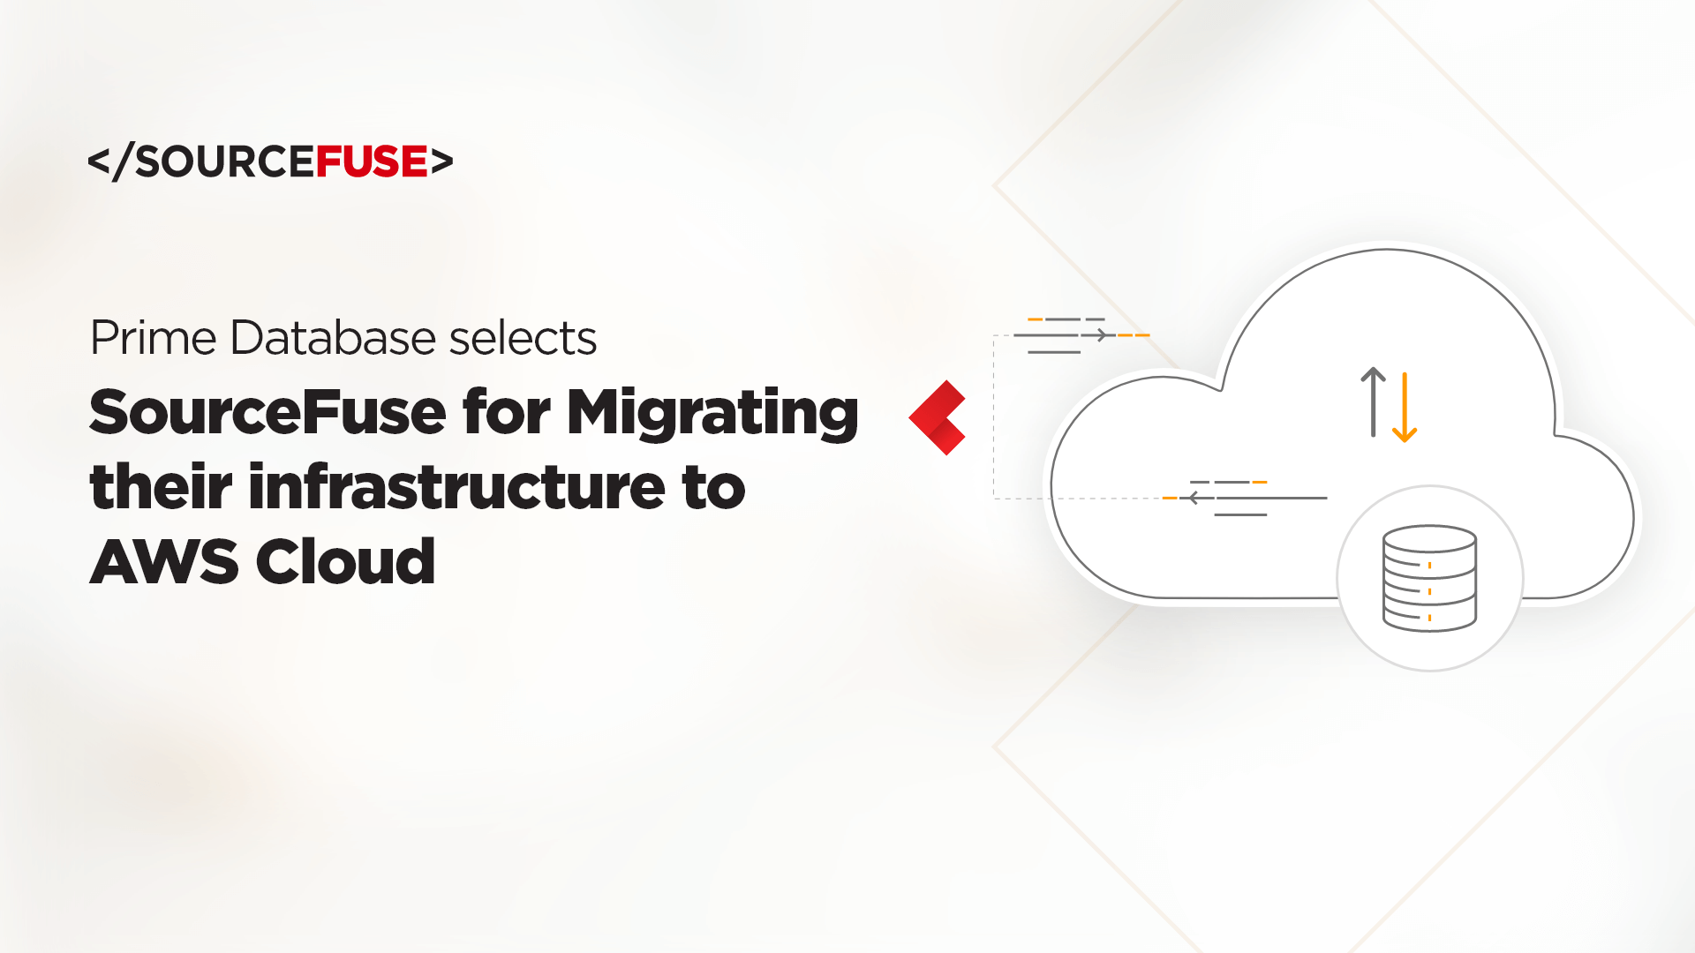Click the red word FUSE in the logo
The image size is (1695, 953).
372,161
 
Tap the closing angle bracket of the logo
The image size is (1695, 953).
442,161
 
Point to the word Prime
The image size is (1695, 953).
154,337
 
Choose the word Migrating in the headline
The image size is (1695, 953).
712,413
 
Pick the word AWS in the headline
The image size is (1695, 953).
164,561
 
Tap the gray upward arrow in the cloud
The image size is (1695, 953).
1373,401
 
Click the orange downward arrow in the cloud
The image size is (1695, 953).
1405,408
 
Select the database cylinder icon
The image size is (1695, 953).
1429,579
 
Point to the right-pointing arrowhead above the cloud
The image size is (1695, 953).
1100,335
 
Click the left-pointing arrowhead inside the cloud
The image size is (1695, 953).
1194,498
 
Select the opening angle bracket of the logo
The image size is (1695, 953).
99,161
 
